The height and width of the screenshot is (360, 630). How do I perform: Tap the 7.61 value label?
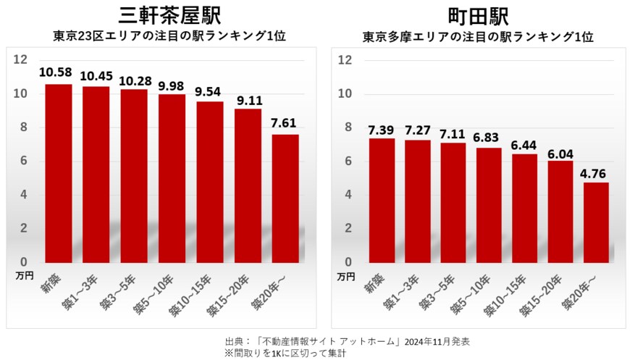pyautogui.click(x=285, y=122)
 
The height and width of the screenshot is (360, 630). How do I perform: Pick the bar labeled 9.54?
pyautogui.click(x=210, y=181)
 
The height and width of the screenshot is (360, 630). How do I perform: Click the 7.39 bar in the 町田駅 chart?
pyautogui.click(x=382, y=200)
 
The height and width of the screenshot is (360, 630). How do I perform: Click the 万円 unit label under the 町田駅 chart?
pyautogui.click(x=347, y=276)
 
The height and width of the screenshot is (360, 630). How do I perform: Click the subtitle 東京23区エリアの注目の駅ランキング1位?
pyautogui.click(x=169, y=36)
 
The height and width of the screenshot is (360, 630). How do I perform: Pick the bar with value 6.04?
pyautogui.click(x=560, y=211)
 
